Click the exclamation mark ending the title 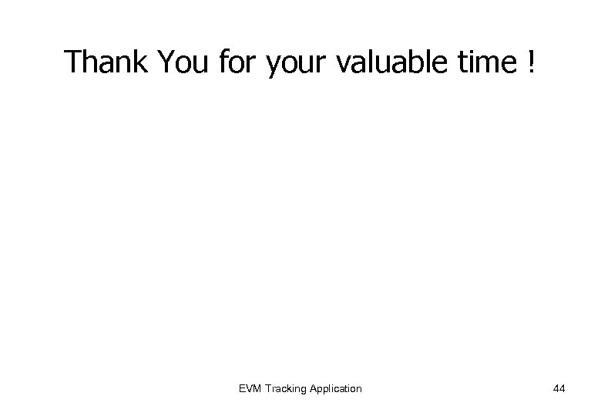[x=531, y=62]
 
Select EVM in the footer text [x=251, y=388]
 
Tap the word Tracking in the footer [x=285, y=388]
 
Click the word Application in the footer [x=334, y=388]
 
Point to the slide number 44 [x=559, y=388]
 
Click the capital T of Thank [x=74, y=62]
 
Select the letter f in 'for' [x=223, y=62]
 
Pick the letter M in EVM [x=257, y=388]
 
